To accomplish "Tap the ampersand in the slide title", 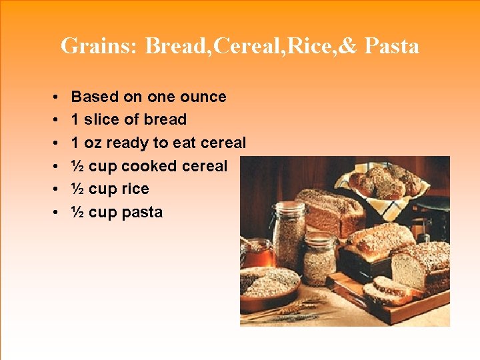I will (351, 46).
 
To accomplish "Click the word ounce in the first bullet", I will (203, 97).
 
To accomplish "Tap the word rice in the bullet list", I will (135, 189).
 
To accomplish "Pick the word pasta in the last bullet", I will (142, 212).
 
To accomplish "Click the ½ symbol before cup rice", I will (77, 189).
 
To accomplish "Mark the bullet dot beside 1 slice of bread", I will (52, 120).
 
